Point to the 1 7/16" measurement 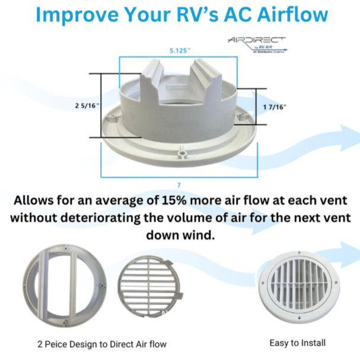point(274,107)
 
